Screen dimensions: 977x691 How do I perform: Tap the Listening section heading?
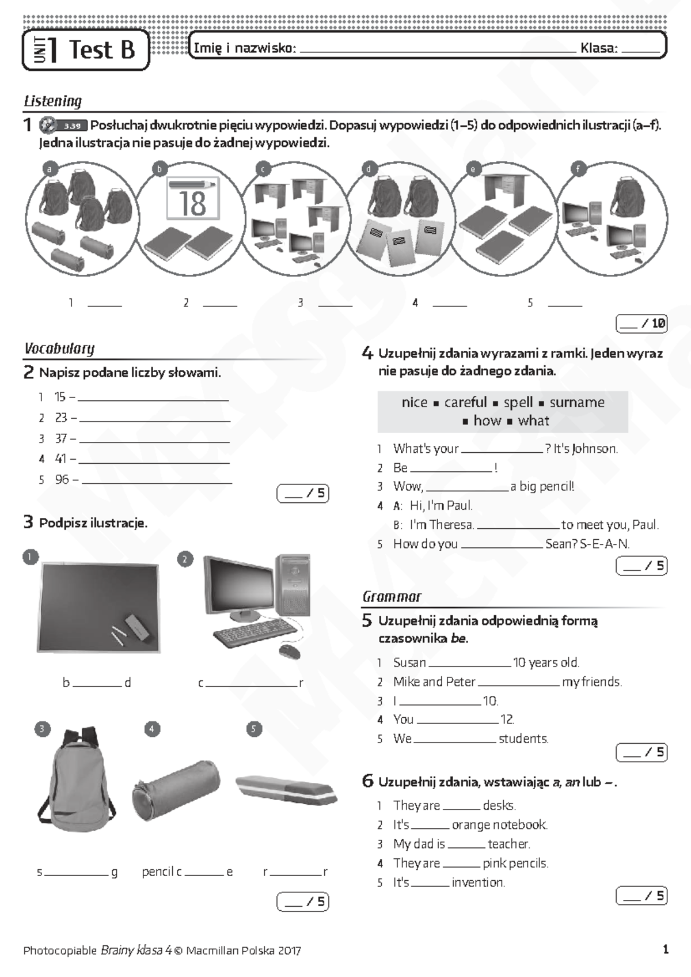[53, 101]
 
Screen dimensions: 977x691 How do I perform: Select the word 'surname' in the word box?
[577, 402]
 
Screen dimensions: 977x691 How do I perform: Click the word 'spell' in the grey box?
[518, 402]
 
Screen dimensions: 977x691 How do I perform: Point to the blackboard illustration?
[98, 608]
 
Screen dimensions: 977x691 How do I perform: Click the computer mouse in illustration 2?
[290, 652]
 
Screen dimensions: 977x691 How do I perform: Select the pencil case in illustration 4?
[176, 790]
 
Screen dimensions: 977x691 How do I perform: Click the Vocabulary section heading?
[59, 349]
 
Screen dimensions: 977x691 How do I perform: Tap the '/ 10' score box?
[641, 324]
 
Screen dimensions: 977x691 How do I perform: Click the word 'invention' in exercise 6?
[478, 882]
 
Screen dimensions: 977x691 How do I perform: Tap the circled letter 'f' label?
[578, 169]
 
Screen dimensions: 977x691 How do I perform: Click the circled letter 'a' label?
[50, 169]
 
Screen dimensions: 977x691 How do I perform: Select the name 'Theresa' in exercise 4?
[451, 525]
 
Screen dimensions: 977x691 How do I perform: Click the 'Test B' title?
[102, 50]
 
